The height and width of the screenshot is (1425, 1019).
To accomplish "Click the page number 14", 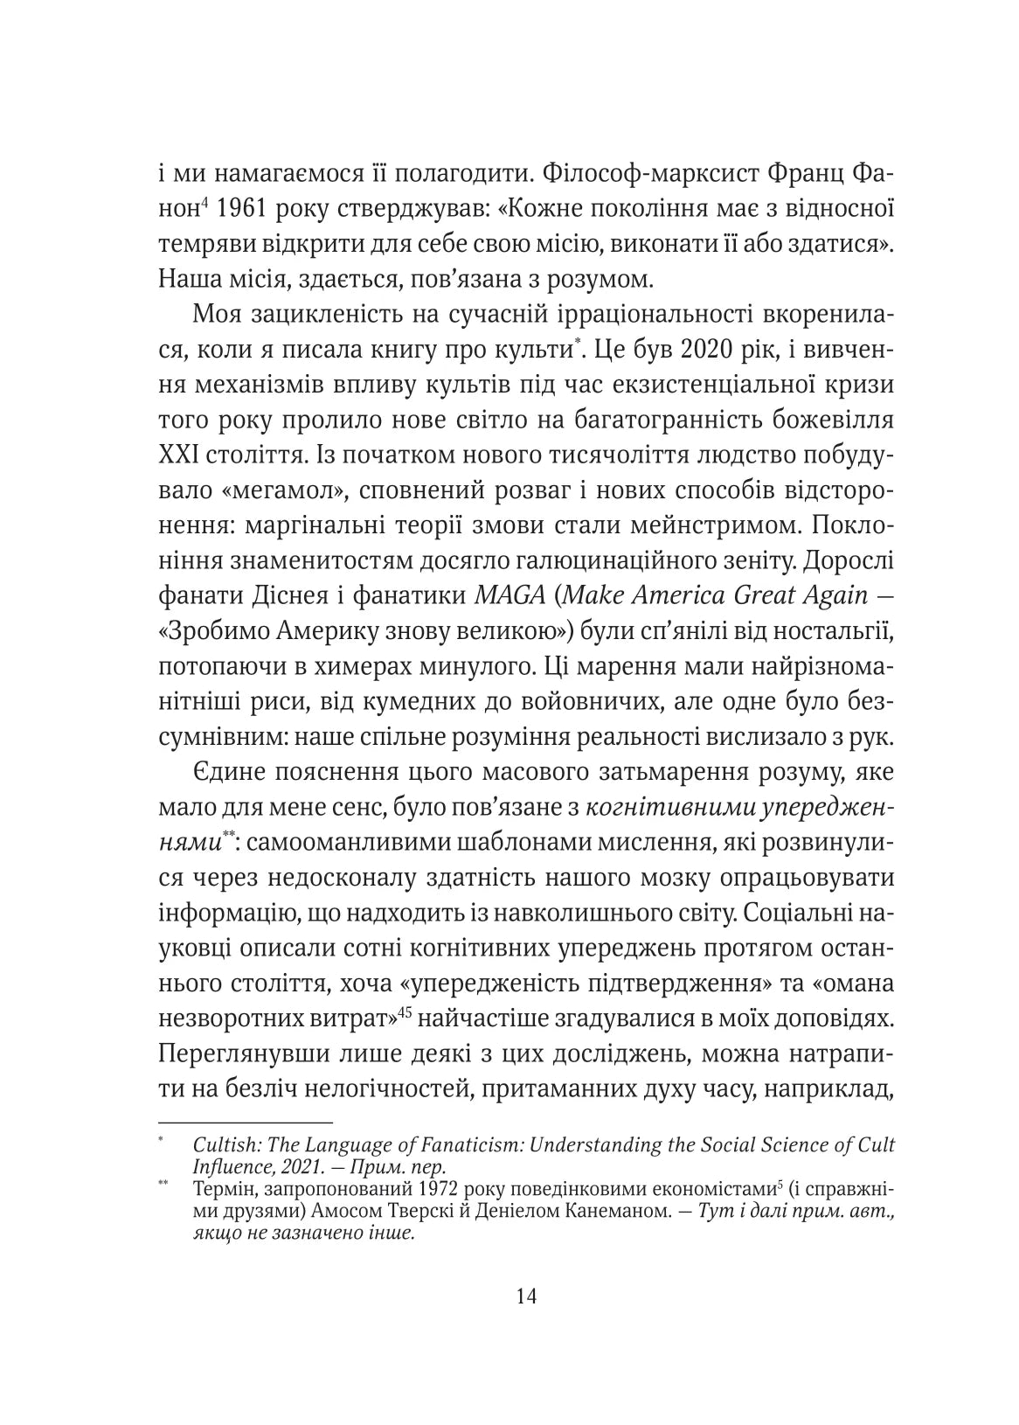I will (526, 1295).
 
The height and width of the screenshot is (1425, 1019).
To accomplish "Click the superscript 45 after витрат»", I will (405, 1011).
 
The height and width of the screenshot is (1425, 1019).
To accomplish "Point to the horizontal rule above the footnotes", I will (246, 1122).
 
